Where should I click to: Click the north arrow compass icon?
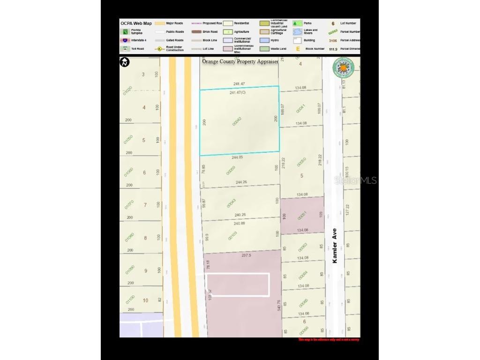(125, 62)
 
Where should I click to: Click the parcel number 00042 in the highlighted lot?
(237, 121)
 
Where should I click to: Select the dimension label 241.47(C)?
(238, 93)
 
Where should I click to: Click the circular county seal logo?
(343, 68)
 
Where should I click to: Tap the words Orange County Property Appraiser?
(240, 61)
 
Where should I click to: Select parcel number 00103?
(232, 236)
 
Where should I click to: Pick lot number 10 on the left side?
(145, 300)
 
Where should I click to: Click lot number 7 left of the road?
(145, 205)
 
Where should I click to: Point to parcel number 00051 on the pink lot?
(301, 216)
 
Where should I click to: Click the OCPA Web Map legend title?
(136, 23)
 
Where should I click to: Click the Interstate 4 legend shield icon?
(125, 40)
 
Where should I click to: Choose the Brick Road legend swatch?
(196, 32)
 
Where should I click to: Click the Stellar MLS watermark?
(355, 180)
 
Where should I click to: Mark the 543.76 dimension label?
(279, 305)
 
